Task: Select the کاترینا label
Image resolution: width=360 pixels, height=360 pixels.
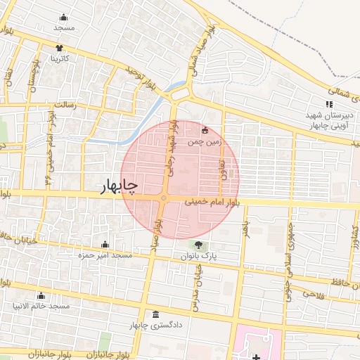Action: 59,59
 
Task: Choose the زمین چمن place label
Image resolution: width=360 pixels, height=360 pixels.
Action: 205,141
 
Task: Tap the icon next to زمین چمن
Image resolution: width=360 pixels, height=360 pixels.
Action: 205,130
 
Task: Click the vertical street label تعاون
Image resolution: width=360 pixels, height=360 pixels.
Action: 223,169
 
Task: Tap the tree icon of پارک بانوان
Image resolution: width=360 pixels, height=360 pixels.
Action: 200,246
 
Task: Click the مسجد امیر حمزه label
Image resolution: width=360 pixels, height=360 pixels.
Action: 105,255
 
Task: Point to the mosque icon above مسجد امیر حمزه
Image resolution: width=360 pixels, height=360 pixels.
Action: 105,245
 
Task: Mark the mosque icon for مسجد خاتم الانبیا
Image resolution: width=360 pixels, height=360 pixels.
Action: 40,296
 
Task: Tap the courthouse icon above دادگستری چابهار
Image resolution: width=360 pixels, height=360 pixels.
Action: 155,314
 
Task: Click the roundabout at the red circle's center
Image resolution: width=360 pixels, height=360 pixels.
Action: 163,199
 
